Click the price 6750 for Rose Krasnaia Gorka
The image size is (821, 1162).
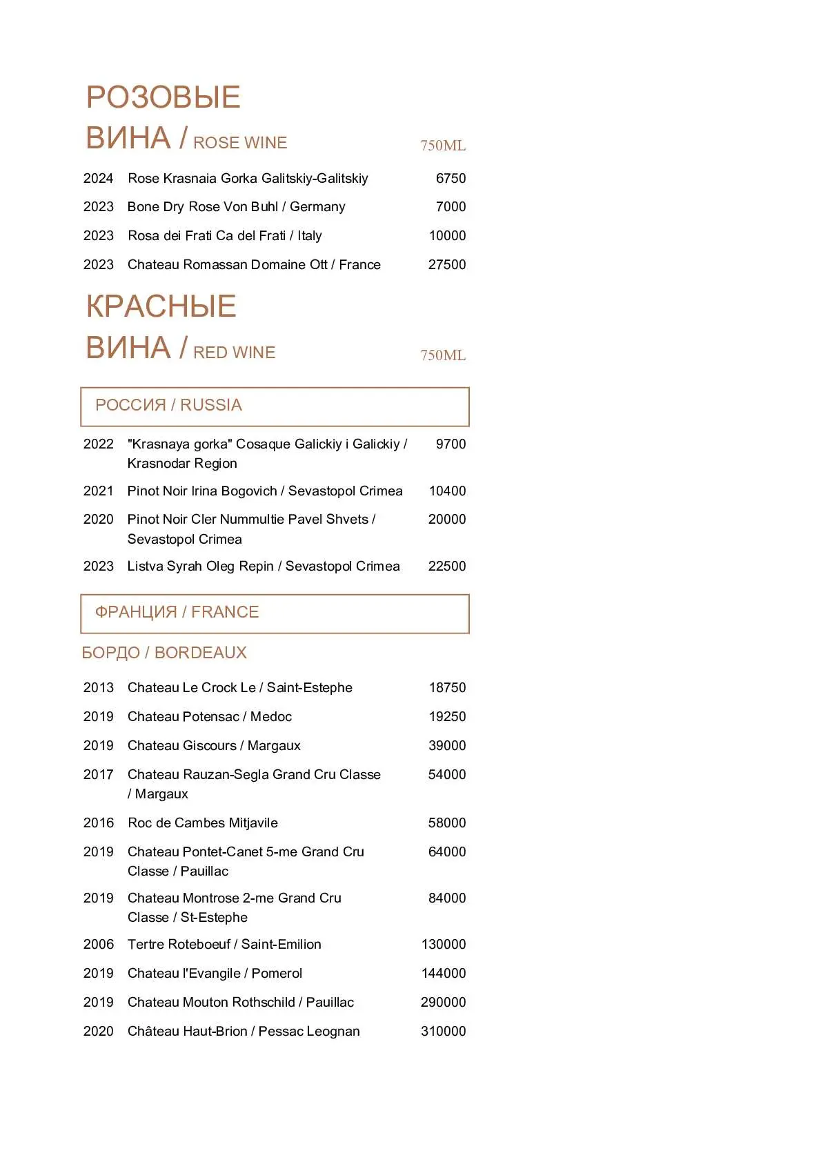pyautogui.click(x=451, y=179)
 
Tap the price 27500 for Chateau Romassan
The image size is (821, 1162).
pyautogui.click(x=447, y=265)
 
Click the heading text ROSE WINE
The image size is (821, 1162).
pyautogui.click(x=240, y=143)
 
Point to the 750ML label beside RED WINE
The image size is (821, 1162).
pyautogui.click(x=443, y=355)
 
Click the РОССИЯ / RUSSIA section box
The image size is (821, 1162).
pyautogui.click(x=275, y=406)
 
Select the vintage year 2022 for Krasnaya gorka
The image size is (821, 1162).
pyautogui.click(x=98, y=444)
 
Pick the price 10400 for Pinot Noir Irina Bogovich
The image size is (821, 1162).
pyautogui.click(x=447, y=491)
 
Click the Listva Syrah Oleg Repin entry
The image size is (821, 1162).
pyautogui.click(x=264, y=567)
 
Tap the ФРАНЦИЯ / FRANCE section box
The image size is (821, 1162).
pyautogui.click(x=275, y=613)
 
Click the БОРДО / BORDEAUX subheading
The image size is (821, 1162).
pyautogui.click(x=164, y=653)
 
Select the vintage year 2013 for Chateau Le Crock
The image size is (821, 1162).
pyautogui.click(x=98, y=688)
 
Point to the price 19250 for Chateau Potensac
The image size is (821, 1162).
pyautogui.click(x=447, y=717)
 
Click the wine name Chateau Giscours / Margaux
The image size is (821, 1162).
pyautogui.click(x=214, y=746)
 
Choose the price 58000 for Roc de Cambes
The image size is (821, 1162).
pyautogui.click(x=447, y=823)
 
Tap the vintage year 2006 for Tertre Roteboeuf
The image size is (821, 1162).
pyautogui.click(x=98, y=945)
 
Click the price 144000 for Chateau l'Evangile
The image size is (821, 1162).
pyautogui.click(x=444, y=974)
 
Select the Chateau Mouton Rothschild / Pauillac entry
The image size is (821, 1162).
pyautogui.click(x=241, y=1003)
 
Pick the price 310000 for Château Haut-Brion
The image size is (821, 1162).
pyautogui.click(x=444, y=1032)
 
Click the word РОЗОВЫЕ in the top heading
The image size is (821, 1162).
pyautogui.click(x=164, y=97)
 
